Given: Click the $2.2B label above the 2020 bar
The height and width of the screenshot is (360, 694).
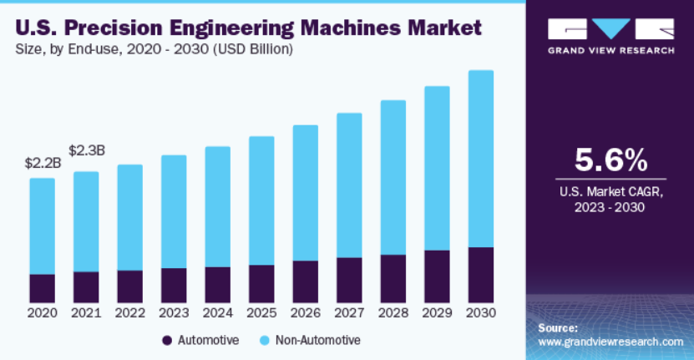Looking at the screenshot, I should pos(42,163).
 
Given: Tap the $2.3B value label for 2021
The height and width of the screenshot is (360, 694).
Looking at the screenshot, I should pos(86,151).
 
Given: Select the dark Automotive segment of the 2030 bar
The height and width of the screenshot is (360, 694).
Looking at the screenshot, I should pos(480,275).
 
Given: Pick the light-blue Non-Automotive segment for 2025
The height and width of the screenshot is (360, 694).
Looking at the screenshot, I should pos(261,200).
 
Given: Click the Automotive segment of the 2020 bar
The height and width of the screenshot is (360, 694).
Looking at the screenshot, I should pos(42,288).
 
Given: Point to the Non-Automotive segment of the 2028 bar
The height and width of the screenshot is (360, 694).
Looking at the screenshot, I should pos(393,177).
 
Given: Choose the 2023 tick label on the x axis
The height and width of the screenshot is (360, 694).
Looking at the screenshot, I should pos(174,313).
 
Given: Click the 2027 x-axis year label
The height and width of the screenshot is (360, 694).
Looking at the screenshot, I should pos(349,313).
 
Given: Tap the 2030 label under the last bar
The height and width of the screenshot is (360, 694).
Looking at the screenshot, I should pos(480,313).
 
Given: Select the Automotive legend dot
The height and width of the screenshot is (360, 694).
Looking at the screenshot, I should pos(167,341).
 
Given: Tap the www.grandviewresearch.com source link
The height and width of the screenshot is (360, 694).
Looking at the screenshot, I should pos(610,342).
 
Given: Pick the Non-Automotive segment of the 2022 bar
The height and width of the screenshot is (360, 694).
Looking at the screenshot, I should pos(129,217).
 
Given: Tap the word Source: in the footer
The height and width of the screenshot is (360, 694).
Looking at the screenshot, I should pos(558,328).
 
